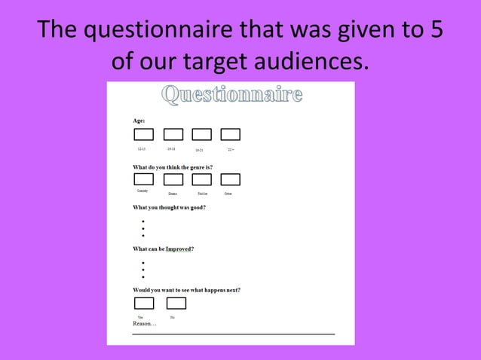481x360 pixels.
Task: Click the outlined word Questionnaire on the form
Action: tap(232, 96)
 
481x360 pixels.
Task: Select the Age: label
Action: tap(139, 121)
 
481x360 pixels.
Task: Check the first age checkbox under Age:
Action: tap(143, 135)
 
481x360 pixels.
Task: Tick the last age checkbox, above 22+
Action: tap(230, 135)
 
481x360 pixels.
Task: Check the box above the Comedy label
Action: tap(143, 179)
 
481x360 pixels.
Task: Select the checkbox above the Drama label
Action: tap(173, 179)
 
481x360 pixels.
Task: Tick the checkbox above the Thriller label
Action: tap(201, 179)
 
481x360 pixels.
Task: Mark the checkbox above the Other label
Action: tap(230, 179)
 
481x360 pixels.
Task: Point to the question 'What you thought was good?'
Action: tap(169, 207)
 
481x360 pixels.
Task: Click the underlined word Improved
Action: tap(179, 249)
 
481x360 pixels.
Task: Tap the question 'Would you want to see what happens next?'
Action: tap(186, 290)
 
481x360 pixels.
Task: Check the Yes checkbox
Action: tap(143, 303)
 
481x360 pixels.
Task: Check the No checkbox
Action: tap(176, 303)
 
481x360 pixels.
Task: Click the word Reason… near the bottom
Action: tap(144, 324)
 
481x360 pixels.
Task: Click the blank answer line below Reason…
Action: tap(234, 333)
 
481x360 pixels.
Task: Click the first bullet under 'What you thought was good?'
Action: tap(142, 221)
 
